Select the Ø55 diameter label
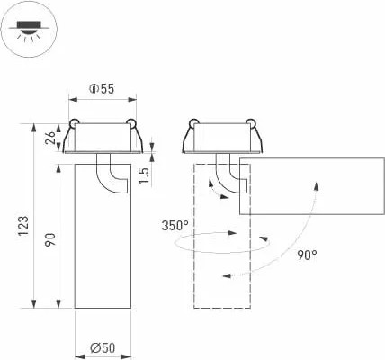click(101, 89)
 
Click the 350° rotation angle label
click(175, 225)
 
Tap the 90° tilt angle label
click(307, 255)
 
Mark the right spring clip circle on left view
click(131, 123)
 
